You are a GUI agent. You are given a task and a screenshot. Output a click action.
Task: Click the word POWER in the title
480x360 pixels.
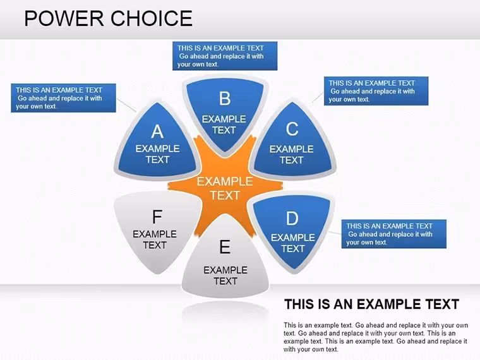[x=64, y=18]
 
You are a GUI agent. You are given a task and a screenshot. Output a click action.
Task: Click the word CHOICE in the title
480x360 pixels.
[x=152, y=18]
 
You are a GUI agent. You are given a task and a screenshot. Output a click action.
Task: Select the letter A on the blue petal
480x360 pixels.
[x=157, y=131]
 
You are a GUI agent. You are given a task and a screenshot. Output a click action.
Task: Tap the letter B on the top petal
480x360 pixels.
[x=225, y=99]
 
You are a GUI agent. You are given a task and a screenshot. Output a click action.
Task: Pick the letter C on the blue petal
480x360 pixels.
[x=292, y=129]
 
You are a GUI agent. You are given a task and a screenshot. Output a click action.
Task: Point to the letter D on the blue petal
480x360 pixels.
[x=292, y=219]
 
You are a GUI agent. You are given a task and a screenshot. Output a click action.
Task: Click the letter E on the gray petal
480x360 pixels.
[x=225, y=247]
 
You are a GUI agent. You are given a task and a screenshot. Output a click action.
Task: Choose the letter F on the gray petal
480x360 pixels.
[x=157, y=217]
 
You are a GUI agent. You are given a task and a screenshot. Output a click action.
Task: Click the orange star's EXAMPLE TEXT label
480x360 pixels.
[x=225, y=188]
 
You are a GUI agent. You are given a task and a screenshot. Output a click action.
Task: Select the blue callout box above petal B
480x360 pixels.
[x=225, y=56]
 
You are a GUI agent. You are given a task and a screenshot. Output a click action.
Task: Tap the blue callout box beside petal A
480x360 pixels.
[x=63, y=98]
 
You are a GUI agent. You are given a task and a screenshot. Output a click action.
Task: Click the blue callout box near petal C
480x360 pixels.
[x=376, y=91]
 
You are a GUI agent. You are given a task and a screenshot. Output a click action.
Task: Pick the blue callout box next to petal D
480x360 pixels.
[x=394, y=234]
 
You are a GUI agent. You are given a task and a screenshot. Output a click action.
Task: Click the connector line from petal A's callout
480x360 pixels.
[x=126, y=105]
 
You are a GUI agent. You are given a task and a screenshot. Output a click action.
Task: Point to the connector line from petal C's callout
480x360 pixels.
[x=318, y=97]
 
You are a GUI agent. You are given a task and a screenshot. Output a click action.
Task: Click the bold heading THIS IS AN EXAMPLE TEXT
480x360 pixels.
[x=371, y=304]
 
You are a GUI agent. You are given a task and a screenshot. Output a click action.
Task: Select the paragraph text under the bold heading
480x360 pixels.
[x=376, y=337]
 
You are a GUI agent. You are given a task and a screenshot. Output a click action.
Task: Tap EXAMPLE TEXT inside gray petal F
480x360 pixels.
[x=155, y=239]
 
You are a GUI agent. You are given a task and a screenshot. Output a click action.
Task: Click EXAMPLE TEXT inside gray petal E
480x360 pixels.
[x=225, y=275]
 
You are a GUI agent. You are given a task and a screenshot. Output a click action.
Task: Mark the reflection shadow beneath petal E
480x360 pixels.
[x=225, y=312]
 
